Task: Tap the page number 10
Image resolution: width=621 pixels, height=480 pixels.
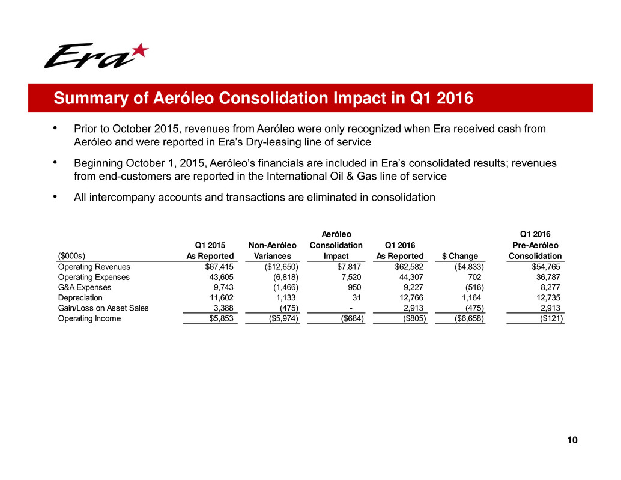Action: coord(572,441)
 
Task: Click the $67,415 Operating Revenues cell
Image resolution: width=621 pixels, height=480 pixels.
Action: coord(218,267)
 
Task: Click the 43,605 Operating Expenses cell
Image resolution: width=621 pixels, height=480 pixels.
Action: coord(220,278)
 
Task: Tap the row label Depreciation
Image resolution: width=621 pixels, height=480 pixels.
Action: coord(80,298)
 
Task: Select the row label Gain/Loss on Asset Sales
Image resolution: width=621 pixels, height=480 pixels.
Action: coord(103,308)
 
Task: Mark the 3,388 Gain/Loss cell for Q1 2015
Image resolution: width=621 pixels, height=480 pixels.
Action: coord(222,308)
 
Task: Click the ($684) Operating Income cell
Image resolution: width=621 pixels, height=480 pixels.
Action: coord(350,318)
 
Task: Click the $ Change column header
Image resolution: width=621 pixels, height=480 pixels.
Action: coord(460,256)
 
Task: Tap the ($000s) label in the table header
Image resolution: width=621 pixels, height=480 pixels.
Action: coord(70,256)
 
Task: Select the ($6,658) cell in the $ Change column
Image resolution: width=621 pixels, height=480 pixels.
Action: coord(467,318)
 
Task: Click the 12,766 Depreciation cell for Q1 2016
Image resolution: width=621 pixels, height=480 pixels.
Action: coord(411,298)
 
